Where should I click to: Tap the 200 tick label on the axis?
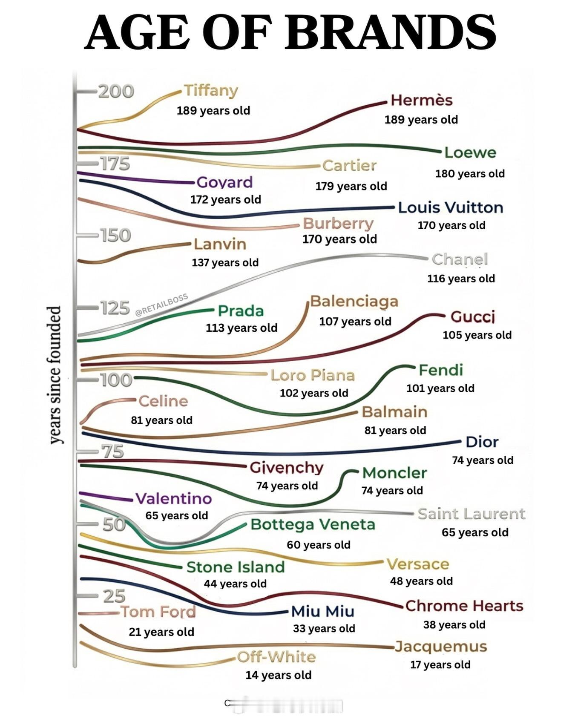(116, 91)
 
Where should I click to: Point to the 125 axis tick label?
(115, 308)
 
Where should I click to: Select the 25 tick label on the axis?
(114, 596)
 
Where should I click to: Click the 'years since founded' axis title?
(54, 375)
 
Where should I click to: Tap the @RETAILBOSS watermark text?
(161, 305)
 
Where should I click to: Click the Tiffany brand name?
(211, 90)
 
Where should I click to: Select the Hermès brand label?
(421, 100)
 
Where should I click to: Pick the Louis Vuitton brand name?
(451, 207)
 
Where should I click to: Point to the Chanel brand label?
(460, 259)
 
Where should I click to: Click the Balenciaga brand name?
(354, 301)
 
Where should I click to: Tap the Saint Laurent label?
(471, 514)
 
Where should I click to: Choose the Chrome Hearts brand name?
(464, 606)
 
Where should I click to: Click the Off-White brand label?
(276, 657)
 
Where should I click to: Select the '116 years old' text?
(461, 279)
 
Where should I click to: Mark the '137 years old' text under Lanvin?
(225, 262)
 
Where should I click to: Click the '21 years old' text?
(161, 632)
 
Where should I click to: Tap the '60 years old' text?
(318, 545)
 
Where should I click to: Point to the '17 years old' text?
(440, 664)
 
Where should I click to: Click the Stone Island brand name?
(236, 567)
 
